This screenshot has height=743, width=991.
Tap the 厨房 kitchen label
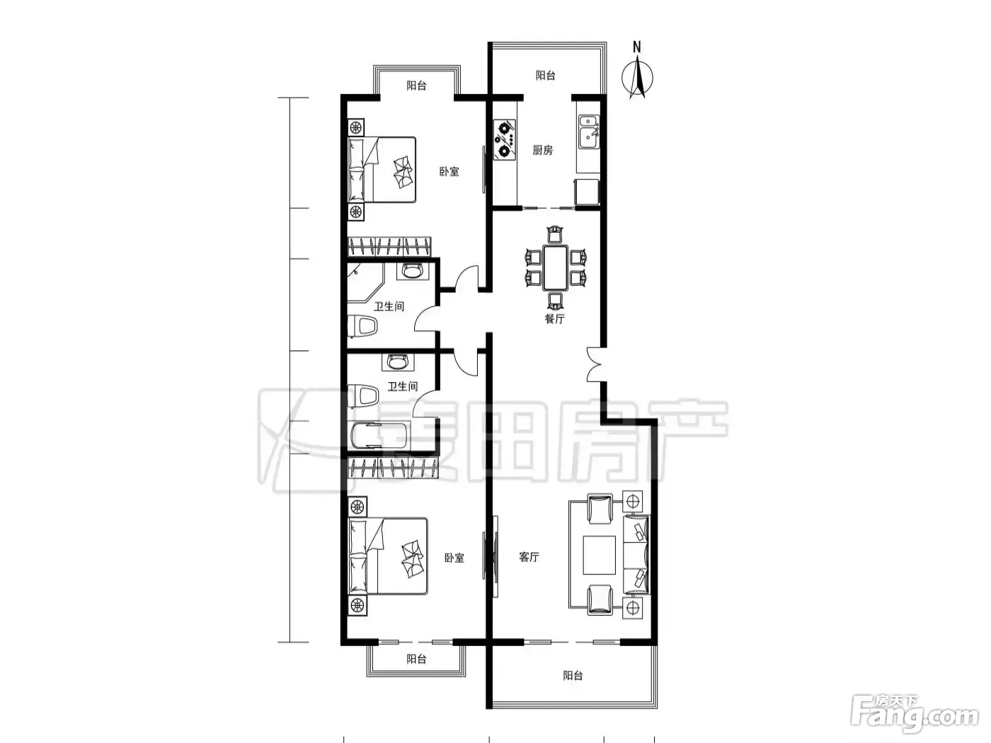click(x=542, y=150)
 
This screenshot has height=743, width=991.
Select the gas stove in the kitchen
click(x=505, y=139)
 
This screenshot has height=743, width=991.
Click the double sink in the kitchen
click(x=589, y=132)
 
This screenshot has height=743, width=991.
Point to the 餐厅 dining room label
click(x=554, y=319)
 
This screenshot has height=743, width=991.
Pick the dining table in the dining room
click(x=556, y=268)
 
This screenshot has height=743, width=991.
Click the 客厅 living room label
click(x=529, y=557)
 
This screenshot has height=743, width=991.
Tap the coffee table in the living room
click(x=599, y=555)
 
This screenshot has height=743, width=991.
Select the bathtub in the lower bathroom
click(x=380, y=436)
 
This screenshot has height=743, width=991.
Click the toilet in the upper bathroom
click(x=362, y=326)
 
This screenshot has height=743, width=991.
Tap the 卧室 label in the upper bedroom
click(x=449, y=171)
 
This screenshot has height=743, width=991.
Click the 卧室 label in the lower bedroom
click(x=454, y=558)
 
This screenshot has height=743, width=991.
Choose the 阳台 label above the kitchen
click(x=545, y=75)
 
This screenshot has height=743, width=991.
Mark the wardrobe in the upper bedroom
click(x=389, y=247)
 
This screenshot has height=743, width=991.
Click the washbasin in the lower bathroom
click(x=398, y=362)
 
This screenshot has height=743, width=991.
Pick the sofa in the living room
click(x=636, y=555)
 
